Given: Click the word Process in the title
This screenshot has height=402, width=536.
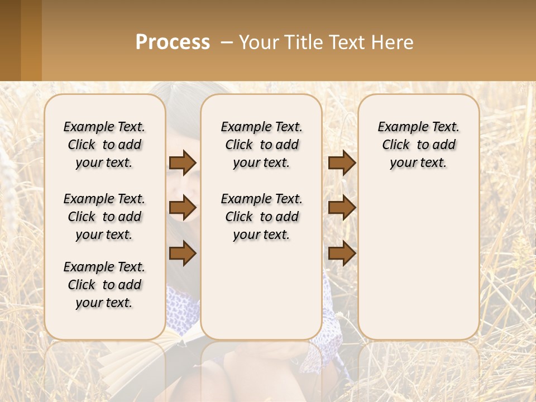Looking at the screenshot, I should pyautogui.click(x=173, y=42).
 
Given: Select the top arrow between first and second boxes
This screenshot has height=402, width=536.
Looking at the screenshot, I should pyautogui.click(x=183, y=162).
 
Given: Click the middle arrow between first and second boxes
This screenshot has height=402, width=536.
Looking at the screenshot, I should pyautogui.click(x=183, y=208).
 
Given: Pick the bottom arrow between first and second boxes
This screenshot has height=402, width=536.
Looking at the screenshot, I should pyautogui.click(x=183, y=253).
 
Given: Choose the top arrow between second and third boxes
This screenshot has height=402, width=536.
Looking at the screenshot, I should pyautogui.click(x=342, y=162).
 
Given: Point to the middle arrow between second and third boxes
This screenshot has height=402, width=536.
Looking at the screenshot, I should pyautogui.click(x=342, y=208).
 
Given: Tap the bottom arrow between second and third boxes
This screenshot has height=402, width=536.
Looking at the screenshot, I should pyautogui.click(x=342, y=253).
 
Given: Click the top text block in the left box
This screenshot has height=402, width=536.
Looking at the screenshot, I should pyautogui.click(x=104, y=145).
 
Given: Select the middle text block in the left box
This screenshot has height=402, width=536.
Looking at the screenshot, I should pyautogui.click(x=104, y=217).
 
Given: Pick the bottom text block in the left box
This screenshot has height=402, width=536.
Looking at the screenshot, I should pyautogui.click(x=104, y=285).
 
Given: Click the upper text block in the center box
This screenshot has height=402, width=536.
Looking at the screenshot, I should pyautogui.click(x=262, y=145).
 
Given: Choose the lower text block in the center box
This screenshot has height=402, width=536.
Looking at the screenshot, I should pyautogui.click(x=262, y=217).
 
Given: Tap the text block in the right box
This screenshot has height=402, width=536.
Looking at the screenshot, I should pyautogui.click(x=419, y=145).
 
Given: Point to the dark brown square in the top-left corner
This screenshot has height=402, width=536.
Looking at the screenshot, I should pyautogui.click(x=10, y=40).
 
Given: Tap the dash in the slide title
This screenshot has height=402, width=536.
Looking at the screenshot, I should pyautogui.click(x=226, y=42).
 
